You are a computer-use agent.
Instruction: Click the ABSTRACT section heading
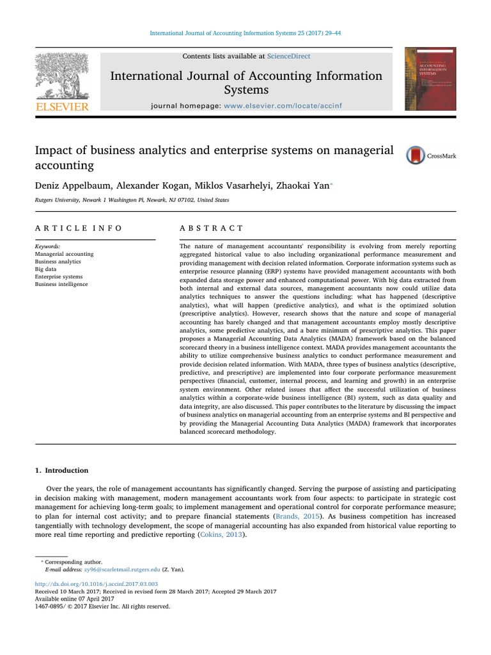(x=210, y=228)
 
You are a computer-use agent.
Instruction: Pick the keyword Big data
(x=49, y=269)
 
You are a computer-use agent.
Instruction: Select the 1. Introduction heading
(x=62, y=470)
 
